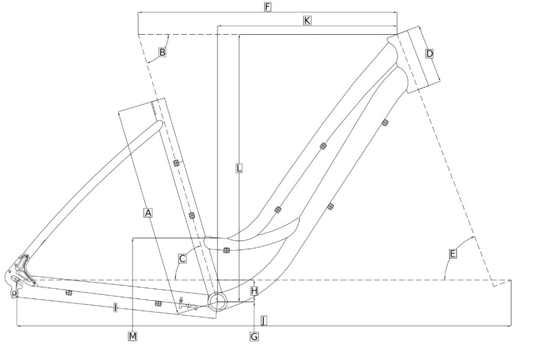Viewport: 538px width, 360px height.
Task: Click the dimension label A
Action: click(x=148, y=213)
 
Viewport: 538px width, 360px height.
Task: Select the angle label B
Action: click(x=162, y=53)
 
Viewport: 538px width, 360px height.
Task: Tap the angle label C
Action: click(x=182, y=259)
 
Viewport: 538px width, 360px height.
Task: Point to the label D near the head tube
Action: click(x=430, y=54)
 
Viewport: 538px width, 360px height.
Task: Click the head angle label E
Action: click(x=453, y=254)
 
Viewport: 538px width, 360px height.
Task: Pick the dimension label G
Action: click(x=254, y=336)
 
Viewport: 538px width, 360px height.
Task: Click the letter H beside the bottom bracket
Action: click(x=254, y=290)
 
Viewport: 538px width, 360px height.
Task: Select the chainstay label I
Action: click(x=115, y=308)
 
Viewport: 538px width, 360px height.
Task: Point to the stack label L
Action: click(x=239, y=168)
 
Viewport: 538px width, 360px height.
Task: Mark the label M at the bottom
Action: click(x=133, y=336)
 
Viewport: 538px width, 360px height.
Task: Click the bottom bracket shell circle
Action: click(x=218, y=301)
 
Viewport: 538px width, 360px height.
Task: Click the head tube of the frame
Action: click(x=413, y=59)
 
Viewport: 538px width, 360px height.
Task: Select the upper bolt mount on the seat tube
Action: click(x=177, y=162)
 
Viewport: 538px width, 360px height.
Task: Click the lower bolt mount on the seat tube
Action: click(x=192, y=215)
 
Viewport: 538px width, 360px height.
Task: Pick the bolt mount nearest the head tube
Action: click(x=385, y=122)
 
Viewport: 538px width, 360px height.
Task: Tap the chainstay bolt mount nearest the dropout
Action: click(x=68, y=292)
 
